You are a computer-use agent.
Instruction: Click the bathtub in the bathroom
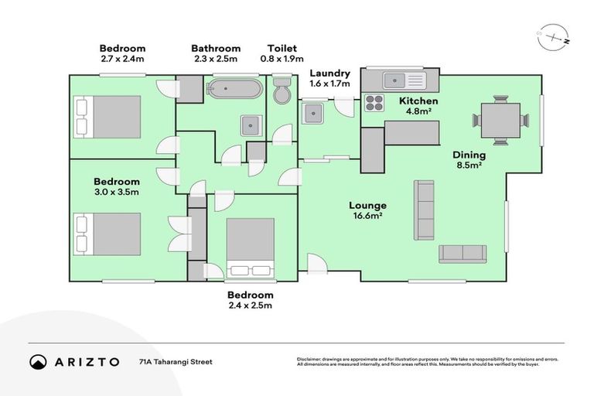[234, 89]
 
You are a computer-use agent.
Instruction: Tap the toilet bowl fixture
[282, 90]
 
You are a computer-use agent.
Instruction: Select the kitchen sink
[401, 79]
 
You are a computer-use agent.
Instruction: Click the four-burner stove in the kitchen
[374, 102]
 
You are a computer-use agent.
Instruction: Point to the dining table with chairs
[500, 120]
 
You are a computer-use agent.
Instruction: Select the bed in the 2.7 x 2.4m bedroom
[108, 116]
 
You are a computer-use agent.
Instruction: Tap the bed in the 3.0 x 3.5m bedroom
[108, 234]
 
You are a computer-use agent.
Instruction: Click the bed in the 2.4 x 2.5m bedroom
[251, 247]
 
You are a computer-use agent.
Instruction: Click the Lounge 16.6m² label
[367, 210]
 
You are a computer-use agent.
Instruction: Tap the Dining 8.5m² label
[469, 160]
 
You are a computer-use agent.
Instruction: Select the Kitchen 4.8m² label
[418, 106]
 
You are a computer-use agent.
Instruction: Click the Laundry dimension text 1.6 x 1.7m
[329, 84]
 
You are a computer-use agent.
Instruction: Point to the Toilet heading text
[282, 48]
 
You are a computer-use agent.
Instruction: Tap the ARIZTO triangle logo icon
[37, 361]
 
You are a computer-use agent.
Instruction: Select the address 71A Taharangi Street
[176, 361]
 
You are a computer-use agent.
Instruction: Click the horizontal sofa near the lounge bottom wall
[463, 254]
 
